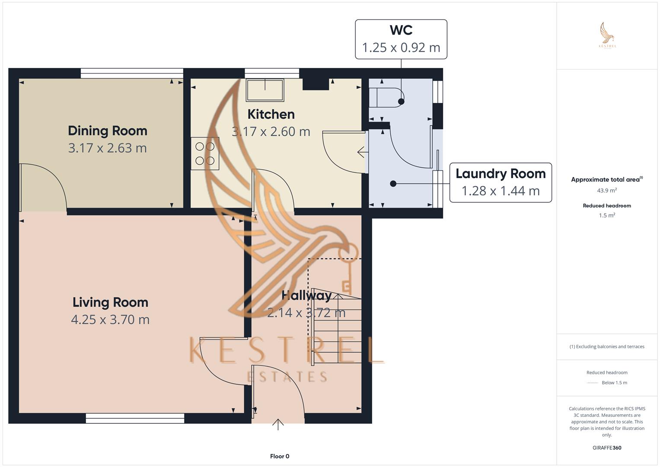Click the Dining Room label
[108, 131]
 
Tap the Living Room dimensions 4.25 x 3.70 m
[110, 320]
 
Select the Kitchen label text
[271, 114]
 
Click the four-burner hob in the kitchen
[205, 154]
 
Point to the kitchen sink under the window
[265, 90]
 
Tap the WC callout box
[401, 39]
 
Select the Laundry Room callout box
[501, 182]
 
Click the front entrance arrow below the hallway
[278, 425]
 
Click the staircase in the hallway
[337, 326]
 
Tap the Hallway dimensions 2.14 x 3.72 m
[306, 313]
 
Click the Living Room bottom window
[135, 418]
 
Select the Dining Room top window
[132, 73]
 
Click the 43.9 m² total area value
[607, 190]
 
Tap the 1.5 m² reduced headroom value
[607, 215]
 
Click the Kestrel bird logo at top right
[607, 35]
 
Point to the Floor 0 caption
[280, 456]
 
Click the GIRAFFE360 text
[607, 448]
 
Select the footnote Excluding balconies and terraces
[607, 347]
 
